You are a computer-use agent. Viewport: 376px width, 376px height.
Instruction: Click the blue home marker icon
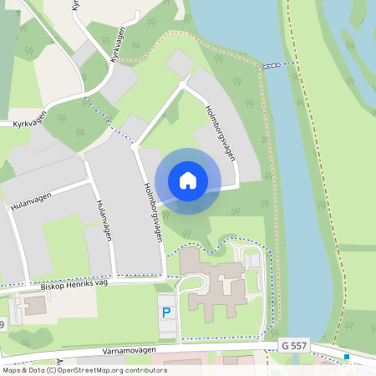(x=188, y=180)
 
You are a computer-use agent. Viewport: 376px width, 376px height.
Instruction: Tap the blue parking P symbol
(x=166, y=312)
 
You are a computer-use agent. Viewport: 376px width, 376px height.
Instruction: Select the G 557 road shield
(x=295, y=345)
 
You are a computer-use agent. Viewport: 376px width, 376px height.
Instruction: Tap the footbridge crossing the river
(x=273, y=65)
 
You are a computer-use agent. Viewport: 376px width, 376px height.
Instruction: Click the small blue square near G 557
(x=347, y=357)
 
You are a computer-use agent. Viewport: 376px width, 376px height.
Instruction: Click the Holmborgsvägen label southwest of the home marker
(x=152, y=212)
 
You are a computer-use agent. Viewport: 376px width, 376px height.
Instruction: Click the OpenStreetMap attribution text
(x=84, y=370)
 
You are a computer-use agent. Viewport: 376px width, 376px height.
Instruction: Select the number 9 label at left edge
(x=3, y=324)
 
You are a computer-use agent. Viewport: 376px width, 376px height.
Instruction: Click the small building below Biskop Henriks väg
(x=35, y=305)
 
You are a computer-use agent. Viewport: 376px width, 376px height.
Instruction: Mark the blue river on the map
(x=292, y=167)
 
